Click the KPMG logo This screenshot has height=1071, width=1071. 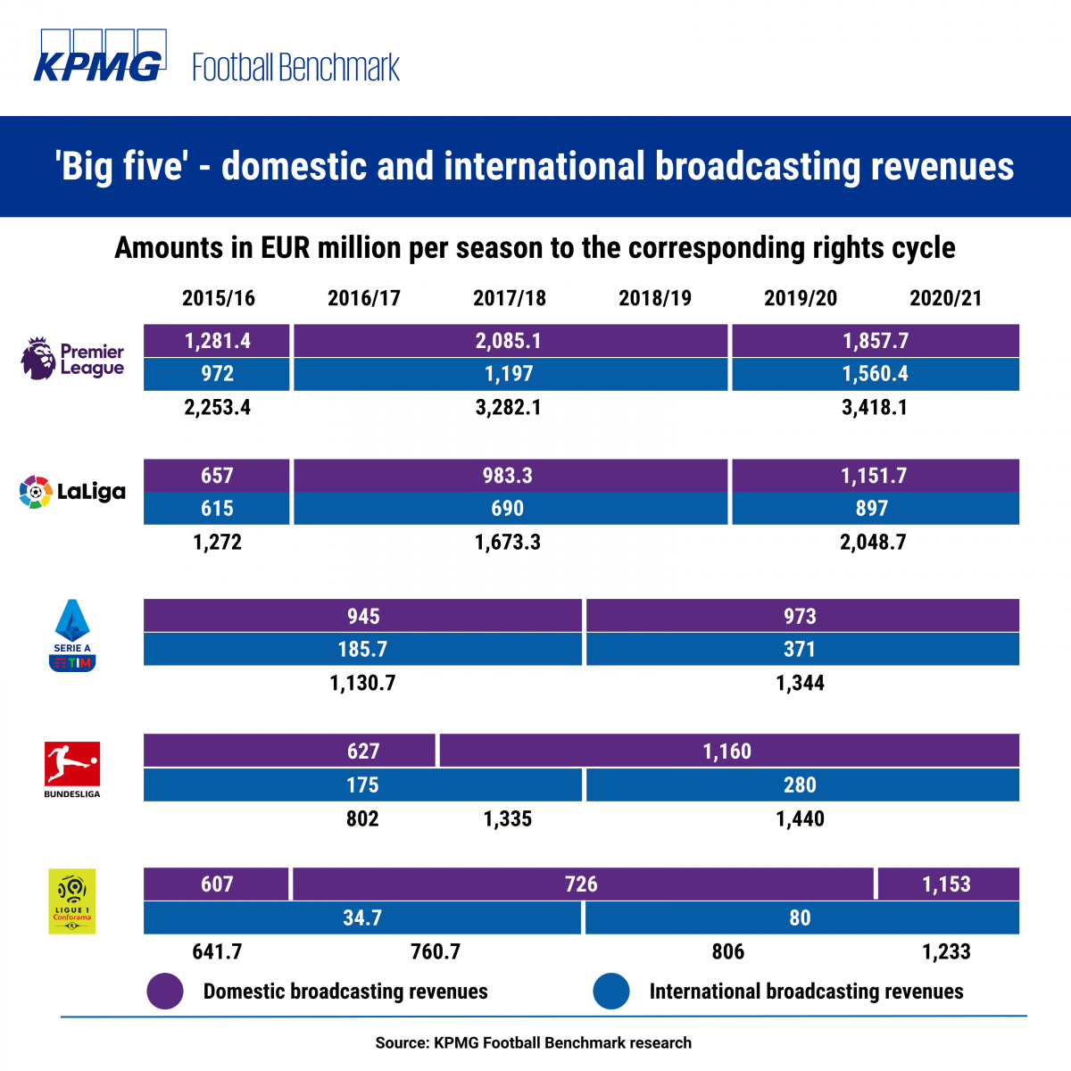coord(98,56)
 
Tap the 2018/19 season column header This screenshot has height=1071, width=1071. coord(655,298)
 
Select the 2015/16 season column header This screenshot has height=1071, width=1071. coord(219,298)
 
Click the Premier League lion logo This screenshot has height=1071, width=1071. coord(37,358)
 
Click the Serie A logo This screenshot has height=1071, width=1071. coord(72,635)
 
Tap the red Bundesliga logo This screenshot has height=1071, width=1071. coord(72,764)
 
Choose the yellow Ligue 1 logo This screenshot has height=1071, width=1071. coord(72,901)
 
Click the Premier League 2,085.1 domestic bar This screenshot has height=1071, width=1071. coord(510,341)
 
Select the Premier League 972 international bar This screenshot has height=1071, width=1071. coord(217,374)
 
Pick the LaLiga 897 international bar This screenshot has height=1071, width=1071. coord(875,509)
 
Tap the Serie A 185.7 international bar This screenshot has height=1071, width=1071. coord(362,650)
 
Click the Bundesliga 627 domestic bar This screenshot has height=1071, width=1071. coord(290,751)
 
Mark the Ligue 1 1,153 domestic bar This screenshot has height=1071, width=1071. coord(948,884)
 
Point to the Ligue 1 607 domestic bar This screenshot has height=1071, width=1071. coord(217,884)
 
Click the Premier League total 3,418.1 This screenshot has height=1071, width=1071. coord(875,408)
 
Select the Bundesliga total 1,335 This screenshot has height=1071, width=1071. coord(508,819)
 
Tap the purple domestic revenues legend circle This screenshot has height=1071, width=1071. coord(165,992)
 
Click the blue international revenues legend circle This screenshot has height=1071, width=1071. coord(611,992)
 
